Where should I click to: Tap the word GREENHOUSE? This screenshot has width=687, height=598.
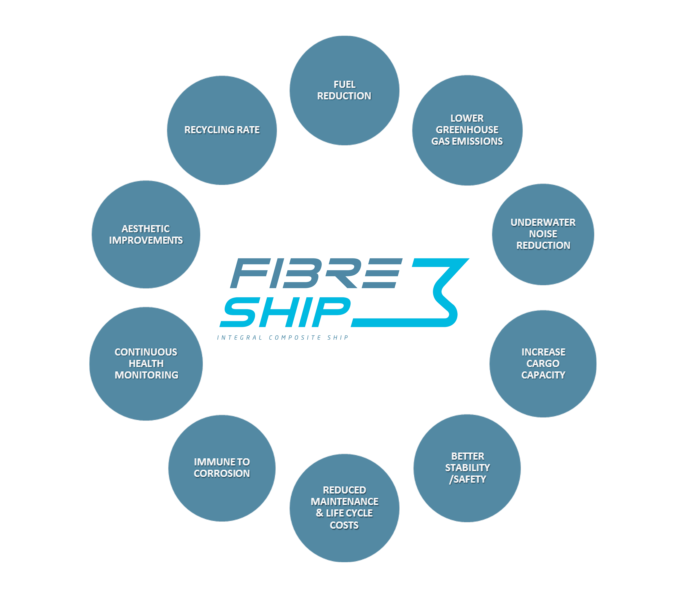pyautogui.click(x=467, y=130)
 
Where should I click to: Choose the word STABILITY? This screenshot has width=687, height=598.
pyautogui.click(x=467, y=467)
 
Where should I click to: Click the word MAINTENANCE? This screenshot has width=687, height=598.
pyautogui.click(x=344, y=502)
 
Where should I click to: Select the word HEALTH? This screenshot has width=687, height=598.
pyautogui.click(x=146, y=363)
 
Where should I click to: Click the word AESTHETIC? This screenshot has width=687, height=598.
pyautogui.click(x=146, y=229)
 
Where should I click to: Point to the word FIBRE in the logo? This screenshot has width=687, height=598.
pyautogui.click(x=315, y=273)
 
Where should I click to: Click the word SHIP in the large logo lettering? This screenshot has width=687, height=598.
pyautogui.click(x=285, y=312)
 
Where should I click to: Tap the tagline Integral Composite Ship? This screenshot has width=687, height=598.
pyautogui.click(x=283, y=338)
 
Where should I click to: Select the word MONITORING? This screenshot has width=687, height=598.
pyautogui.click(x=146, y=375)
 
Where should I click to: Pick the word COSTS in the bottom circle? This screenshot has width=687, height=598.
pyautogui.click(x=344, y=525)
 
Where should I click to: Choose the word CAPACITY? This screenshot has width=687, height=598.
pyautogui.click(x=543, y=375)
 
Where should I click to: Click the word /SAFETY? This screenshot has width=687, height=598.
pyautogui.click(x=467, y=479)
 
